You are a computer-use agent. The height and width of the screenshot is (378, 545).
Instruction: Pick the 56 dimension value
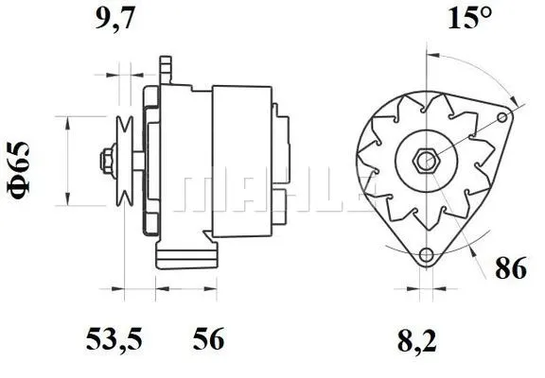(207, 338)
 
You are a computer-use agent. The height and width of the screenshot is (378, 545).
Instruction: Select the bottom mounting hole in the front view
(427, 254)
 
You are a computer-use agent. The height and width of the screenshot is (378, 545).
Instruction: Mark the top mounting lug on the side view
(168, 69)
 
